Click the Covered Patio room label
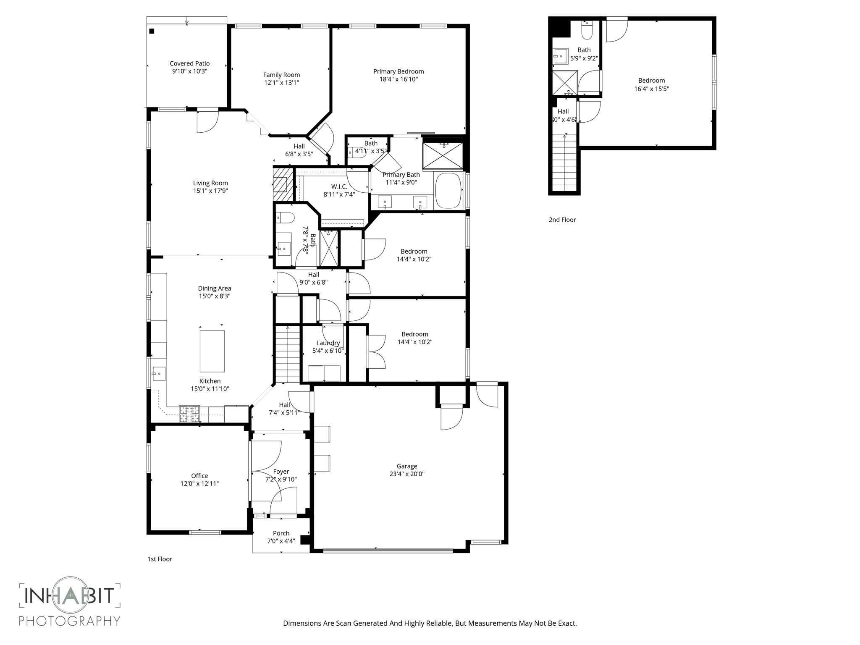click(x=189, y=63)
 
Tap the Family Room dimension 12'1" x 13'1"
click(x=281, y=83)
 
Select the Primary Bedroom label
click(x=399, y=71)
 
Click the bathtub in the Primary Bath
click(x=448, y=191)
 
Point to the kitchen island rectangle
click(x=212, y=351)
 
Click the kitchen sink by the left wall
click(x=159, y=373)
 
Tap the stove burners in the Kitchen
click(x=189, y=414)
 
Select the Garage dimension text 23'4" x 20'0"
click(x=407, y=474)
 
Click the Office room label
click(x=199, y=476)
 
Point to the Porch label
click(x=281, y=533)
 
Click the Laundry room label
click(x=328, y=343)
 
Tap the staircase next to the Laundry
click(x=288, y=355)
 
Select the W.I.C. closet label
click(x=339, y=186)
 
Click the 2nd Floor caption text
click(x=562, y=220)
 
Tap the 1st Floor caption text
click(x=160, y=559)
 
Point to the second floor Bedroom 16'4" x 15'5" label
click(x=651, y=81)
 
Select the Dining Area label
click(x=215, y=288)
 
